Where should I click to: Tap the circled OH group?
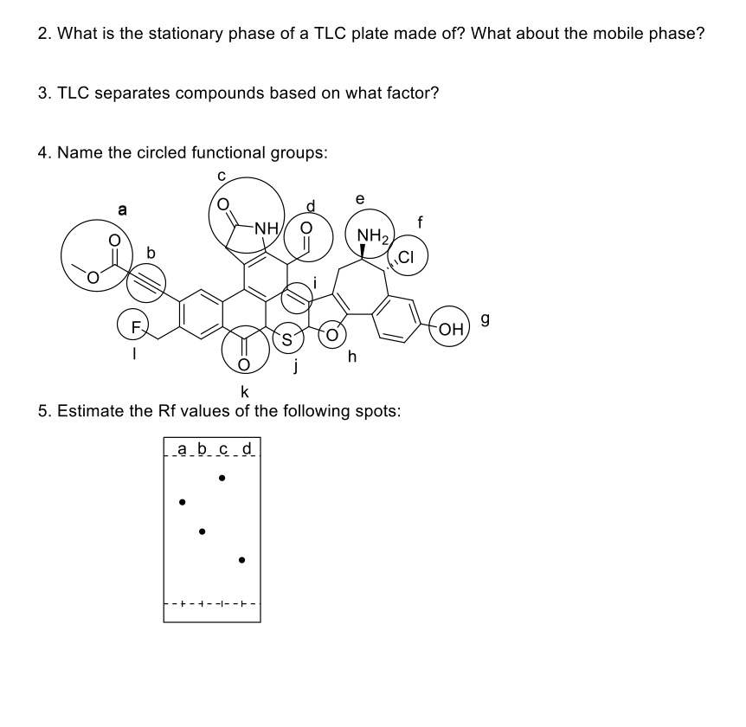click(x=451, y=328)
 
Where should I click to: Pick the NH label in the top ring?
click(x=266, y=228)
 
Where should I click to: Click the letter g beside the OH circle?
click(x=486, y=320)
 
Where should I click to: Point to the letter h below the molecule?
click(x=352, y=357)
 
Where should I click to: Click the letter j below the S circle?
click(x=295, y=370)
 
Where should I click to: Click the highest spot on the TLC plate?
click(x=222, y=477)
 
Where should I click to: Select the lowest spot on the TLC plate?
click(x=242, y=560)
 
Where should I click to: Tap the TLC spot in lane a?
click(x=182, y=501)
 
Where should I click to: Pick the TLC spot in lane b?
click(x=202, y=531)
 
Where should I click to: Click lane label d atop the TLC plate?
click(x=248, y=448)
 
